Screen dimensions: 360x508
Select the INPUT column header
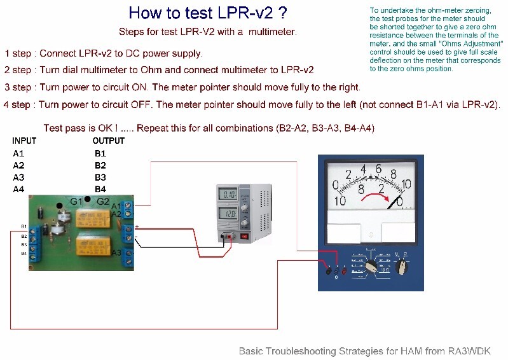(x=24, y=141)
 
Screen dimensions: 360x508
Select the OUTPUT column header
(x=108, y=141)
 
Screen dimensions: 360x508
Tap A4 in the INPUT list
(x=18, y=189)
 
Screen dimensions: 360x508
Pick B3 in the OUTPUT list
(x=100, y=177)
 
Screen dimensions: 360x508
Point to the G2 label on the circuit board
(x=102, y=202)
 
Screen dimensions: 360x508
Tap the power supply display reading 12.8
(x=228, y=216)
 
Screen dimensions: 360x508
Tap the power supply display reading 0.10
(x=228, y=195)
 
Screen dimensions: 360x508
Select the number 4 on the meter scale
(x=363, y=170)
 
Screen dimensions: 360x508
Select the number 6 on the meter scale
(x=378, y=169)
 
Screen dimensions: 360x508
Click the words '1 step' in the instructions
(x=19, y=53)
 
